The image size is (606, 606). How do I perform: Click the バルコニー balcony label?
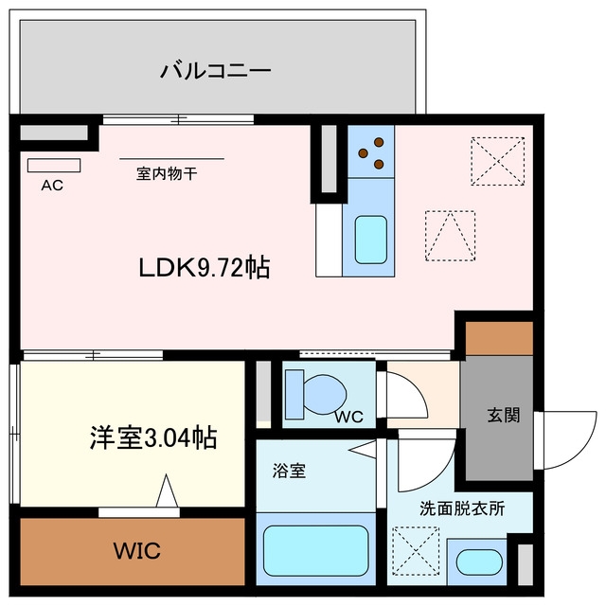pyautogui.click(x=216, y=71)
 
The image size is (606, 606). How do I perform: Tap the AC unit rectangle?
pyautogui.click(x=54, y=166)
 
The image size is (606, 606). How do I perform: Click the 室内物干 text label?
pyautogui.click(x=167, y=174)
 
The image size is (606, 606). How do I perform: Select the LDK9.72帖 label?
pyautogui.click(x=205, y=267)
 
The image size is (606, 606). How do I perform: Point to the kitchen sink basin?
pyautogui.click(x=370, y=240)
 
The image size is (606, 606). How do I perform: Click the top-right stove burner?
pyautogui.click(x=379, y=142)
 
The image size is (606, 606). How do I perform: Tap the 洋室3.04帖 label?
pyautogui.click(x=153, y=437)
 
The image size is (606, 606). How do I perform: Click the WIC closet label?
pyautogui.click(x=136, y=551)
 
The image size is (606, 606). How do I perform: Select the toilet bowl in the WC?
pyautogui.click(x=325, y=395)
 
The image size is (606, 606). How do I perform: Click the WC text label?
pyautogui.click(x=349, y=417)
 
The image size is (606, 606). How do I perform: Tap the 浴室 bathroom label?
pyautogui.click(x=289, y=471)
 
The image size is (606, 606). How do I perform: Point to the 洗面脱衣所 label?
pyautogui.click(x=462, y=508)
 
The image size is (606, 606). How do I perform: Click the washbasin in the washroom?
pyautogui.click(x=479, y=562)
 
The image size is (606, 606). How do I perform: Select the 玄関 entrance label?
pyautogui.click(x=504, y=415)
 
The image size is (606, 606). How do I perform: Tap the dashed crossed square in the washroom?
pyautogui.click(x=416, y=550)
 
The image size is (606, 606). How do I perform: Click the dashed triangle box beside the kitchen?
pyautogui.click(x=451, y=236)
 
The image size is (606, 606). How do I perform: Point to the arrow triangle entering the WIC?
pyautogui.click(x=167, y=490)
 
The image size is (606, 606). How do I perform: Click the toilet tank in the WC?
pyautogui.click(x=294, y=394)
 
